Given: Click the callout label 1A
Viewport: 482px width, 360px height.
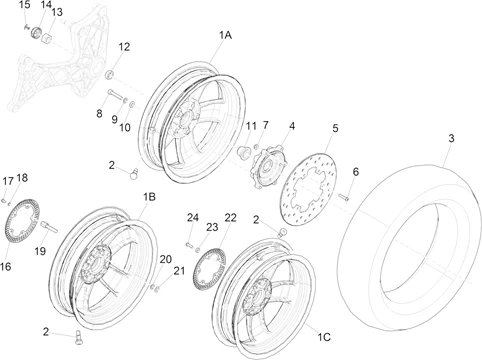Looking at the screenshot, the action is pos(225,35).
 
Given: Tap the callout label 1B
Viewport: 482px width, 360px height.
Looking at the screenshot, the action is pos(149,197).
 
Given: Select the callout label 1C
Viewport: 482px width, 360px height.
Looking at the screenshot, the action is pos(323,337).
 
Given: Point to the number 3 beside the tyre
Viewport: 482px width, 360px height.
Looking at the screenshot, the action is pos(451,138).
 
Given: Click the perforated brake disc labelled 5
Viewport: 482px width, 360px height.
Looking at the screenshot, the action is pos(307,189).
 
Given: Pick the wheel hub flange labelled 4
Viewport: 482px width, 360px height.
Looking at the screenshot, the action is pos(268,168).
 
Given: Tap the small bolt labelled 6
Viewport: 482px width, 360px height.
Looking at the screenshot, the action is pos(344,197).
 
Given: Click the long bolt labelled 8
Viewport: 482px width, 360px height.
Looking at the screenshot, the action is pos(115,95).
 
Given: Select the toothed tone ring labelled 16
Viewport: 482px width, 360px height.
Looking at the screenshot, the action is pos(22,223).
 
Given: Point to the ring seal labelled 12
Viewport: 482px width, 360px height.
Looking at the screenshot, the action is pos(109,75).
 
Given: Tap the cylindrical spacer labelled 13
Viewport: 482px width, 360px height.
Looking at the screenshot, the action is pos(47,38).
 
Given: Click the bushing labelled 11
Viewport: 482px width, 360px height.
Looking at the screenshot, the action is pos(244,151).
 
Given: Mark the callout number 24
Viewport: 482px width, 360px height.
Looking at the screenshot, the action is pos(193,218).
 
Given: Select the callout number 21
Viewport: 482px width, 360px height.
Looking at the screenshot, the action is pos(179,271).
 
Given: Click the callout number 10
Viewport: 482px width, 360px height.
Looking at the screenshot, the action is pos(125,128).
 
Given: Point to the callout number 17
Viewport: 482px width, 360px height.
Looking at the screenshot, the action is pos(8,181).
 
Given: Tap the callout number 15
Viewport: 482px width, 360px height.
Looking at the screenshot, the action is pos(25,5).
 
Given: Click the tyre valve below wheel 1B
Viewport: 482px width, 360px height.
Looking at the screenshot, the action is pos(79,337).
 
